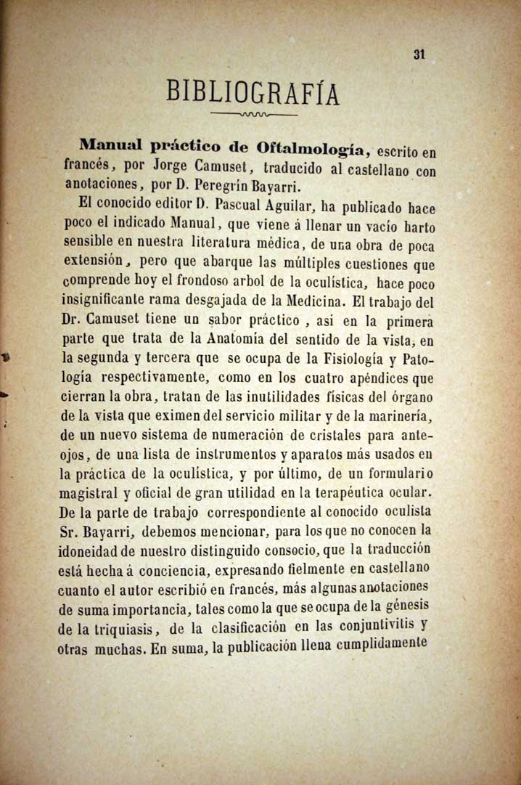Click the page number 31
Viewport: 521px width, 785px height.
click(419, 54)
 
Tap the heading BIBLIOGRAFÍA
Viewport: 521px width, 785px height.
click(253, 92)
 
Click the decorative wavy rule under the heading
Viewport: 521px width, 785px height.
click(253, 115)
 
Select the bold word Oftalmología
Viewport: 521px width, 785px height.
click(312, 150)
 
